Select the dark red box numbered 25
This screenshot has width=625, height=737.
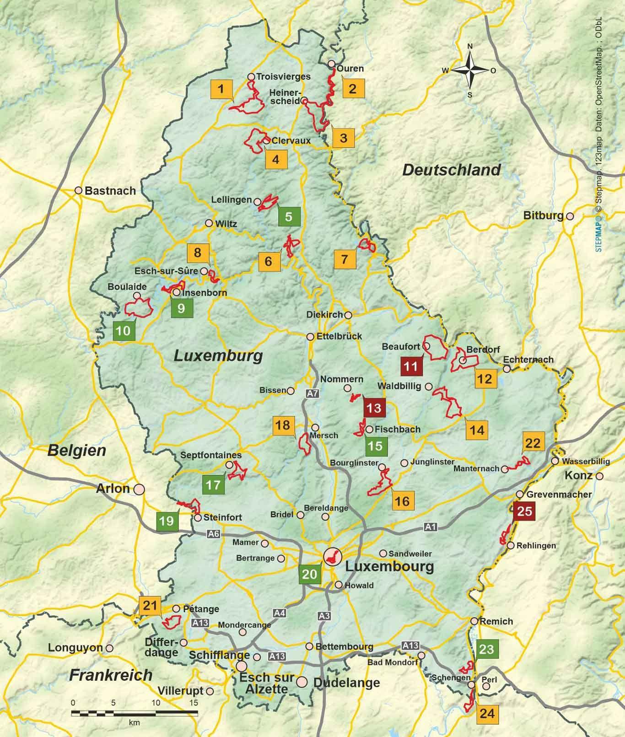click(x=524, y=510)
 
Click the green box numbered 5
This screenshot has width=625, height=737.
click(x=289, y=216)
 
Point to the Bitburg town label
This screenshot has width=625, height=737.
click(x=543, y=215)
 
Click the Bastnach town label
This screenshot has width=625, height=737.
click(x=110, y=191)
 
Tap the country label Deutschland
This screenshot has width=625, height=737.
click(x=451, y=170)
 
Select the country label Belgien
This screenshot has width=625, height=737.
click(x=77, y=450)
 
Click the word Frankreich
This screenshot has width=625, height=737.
click(x=111, y=675)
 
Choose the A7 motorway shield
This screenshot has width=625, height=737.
click(x=312, y=393)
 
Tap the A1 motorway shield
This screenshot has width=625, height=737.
click(x=430, y=527)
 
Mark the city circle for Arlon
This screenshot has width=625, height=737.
click(x=139, y=489)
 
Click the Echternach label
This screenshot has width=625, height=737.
click(x=528, y=360)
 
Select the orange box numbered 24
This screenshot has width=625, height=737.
click(x=487, y=713)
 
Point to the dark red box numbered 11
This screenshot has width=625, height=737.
click(x=411, y=366)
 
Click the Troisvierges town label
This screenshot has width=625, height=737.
click(x=283, y=76)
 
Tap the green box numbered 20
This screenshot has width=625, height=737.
click(x=310, y=574)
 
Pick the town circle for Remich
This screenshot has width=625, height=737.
click(x=475, y=621)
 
